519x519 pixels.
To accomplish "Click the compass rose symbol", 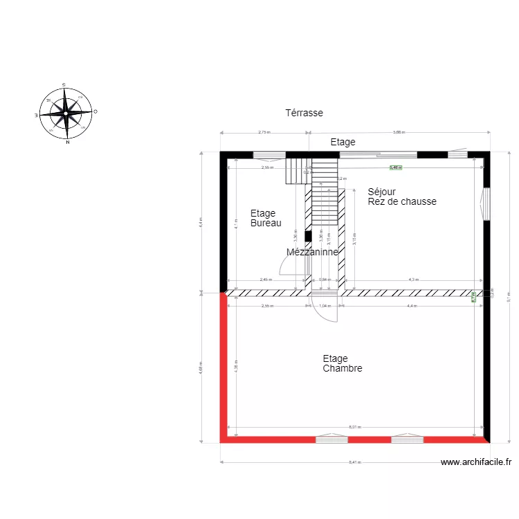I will tap(66, 113).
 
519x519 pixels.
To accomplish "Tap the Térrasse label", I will tap(304, 113).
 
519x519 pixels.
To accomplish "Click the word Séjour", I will tap(381, 192).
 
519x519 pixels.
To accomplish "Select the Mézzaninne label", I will tap(312, 253).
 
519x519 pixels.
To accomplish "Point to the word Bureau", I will tap(266, 224).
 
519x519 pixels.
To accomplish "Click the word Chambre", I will tap(342, 369).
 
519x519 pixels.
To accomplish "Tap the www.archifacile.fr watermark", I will tap(476, 462).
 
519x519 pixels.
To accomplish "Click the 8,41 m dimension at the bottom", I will tap(354, 462).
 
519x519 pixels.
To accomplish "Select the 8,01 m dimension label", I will tap(354, 428).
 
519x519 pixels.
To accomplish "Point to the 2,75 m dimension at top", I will tap(264, 131).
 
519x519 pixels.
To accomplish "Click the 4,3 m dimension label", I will tap(413, 280).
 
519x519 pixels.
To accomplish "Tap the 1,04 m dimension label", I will tap(323, 305).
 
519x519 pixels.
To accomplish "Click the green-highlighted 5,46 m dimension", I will tap(395, 167).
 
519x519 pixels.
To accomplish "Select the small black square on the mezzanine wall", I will tap(308, 236).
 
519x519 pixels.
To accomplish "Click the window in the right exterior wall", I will tap(486, 203).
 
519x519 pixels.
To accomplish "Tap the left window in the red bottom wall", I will tap(331, 439).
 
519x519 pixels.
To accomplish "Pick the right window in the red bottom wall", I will tap(407, 439).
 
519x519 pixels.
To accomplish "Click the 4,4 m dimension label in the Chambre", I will tap(412, 305).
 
